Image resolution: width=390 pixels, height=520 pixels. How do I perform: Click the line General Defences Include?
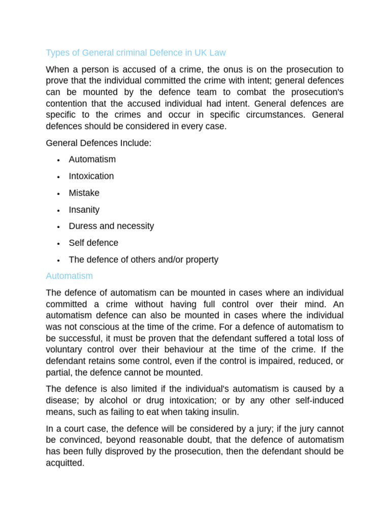point(99,143)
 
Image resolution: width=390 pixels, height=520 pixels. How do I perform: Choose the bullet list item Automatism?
point(92,159)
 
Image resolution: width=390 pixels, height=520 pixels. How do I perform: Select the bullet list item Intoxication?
point(91,176)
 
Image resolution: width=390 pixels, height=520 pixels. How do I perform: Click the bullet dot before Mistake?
point(59,193)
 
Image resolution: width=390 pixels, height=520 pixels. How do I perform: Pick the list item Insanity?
point(84,210)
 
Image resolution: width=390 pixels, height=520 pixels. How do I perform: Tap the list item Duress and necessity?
point(111,226)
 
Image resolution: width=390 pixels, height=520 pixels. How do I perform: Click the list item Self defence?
point(93,243)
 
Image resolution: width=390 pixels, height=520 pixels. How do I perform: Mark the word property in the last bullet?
point(200,260)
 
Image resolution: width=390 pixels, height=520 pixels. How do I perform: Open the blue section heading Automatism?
point(69,276)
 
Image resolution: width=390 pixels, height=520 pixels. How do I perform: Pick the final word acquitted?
point(64,463)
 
